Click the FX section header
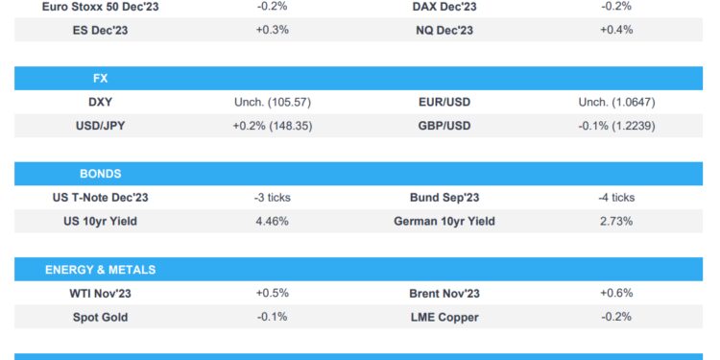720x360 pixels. click(100, 79)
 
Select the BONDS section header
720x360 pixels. click(100, 174)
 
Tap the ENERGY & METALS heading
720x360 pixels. click(100, 270)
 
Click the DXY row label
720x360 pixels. click(101, 102)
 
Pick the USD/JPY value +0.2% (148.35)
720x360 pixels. click(273, 125)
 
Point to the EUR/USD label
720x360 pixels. click(444, 102)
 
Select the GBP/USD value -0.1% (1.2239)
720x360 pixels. click(615, 125)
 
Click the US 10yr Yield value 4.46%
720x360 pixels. click(273, 221)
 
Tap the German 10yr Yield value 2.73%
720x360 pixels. click(615, 221)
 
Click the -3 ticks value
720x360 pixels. click(273, 198)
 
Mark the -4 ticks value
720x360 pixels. click(615, 198)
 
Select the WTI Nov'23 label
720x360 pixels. click(101, 294)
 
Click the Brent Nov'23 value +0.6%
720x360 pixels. click(615, 294)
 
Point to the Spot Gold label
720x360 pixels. click(101, 317)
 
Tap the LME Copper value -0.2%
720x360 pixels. click(615, 317)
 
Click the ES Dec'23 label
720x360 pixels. click(101, 30)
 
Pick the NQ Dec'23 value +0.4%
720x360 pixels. click(615, 30)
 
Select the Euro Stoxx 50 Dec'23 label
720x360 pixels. click(101, 7)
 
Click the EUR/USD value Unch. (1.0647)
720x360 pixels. click(615, 102)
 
